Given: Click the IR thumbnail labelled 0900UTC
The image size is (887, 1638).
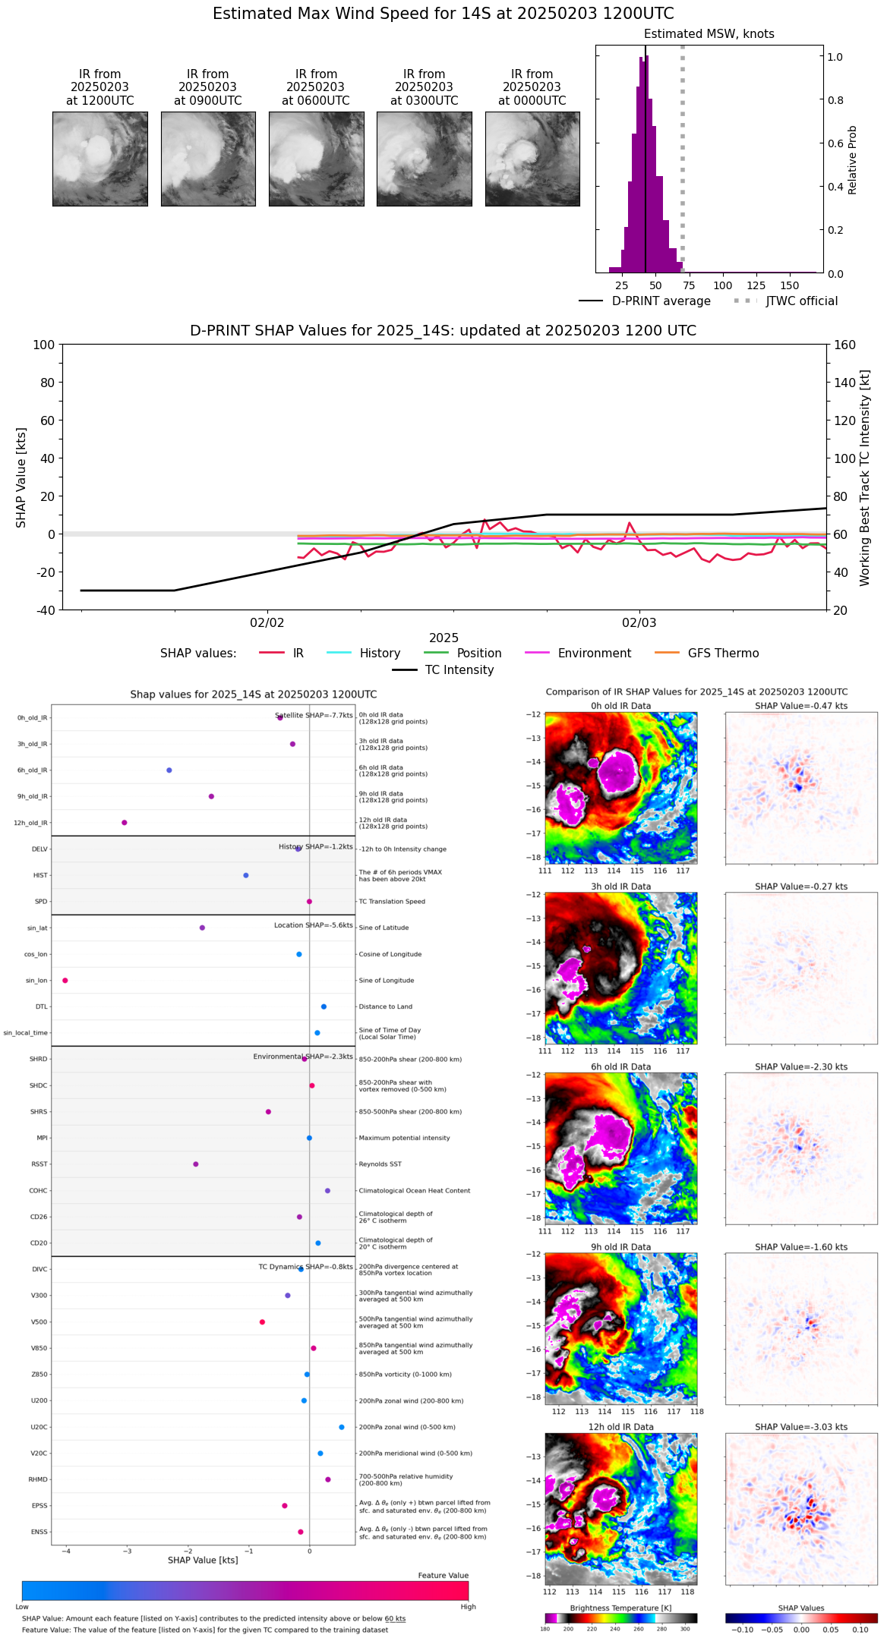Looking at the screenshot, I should (208, 159).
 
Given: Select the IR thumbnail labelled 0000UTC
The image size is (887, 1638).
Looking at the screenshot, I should (532, 159).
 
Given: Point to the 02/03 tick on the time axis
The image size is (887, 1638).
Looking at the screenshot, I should (639, 622).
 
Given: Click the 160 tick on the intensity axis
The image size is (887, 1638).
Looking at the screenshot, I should (844, 345).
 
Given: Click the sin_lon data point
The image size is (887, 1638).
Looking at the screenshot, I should (65, 980).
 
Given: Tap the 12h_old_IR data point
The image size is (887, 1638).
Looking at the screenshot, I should (125, 822).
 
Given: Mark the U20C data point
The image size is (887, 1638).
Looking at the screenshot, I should (342, 1427).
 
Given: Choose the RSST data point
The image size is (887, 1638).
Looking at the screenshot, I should (196, 1164).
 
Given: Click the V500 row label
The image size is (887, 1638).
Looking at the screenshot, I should (39, 1321).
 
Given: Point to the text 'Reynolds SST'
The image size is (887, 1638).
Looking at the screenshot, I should (380, 1164).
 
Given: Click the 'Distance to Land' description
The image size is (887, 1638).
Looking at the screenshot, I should (386, 1006).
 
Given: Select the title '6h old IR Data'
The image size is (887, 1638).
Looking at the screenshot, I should (620, 1066).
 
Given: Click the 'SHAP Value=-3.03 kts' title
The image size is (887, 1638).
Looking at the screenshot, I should (801, 1427).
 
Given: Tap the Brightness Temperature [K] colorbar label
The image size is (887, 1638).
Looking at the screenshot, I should (620, 1608).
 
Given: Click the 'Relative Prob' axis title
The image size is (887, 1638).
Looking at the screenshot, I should (852, 159).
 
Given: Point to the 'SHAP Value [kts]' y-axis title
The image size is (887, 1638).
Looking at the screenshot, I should (21, 477).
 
